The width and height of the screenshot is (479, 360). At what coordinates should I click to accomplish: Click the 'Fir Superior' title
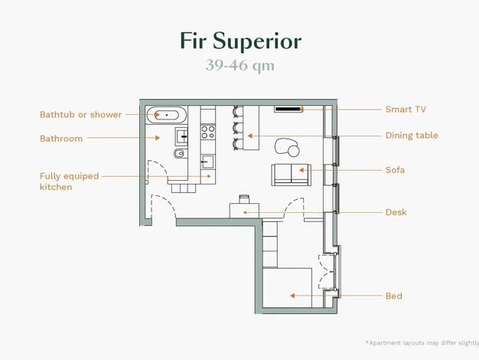coord(241,41)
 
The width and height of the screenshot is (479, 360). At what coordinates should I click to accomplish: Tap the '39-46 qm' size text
coord(240,65)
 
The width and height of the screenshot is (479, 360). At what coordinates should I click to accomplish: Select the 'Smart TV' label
coord(406,110)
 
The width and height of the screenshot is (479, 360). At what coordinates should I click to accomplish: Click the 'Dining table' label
coord(412,136)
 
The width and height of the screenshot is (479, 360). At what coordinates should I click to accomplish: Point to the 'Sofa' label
coord(396,170)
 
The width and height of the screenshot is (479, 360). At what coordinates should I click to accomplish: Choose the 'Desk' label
coord(396,212)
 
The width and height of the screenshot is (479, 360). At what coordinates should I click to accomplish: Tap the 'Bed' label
coord(394,296)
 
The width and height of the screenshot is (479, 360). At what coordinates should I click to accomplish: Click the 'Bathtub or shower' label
coord(80,115)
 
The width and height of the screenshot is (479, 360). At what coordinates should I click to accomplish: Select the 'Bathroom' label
coord(61,139)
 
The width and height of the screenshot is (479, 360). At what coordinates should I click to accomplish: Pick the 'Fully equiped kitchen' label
coord(70,182)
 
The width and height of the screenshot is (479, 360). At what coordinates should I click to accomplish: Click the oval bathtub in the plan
coord(167,115)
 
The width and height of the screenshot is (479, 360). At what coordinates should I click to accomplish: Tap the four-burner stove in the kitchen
coord(208,132)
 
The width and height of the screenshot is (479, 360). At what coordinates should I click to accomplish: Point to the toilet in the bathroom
coord(179,153)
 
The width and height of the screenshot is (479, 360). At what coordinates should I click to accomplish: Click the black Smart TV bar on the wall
coord(288,109)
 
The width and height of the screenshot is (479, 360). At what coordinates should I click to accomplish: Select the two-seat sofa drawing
coord(291,175)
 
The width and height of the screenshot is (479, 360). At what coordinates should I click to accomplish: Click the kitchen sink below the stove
coord(207,162)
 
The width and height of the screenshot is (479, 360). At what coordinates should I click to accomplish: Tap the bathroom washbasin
coord(181,136)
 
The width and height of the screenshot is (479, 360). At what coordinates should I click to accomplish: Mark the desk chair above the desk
coord(244,199)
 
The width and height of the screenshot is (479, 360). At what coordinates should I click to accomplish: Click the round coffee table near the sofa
coord(294,151)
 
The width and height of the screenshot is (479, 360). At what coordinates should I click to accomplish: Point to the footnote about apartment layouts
coord(422,343)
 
